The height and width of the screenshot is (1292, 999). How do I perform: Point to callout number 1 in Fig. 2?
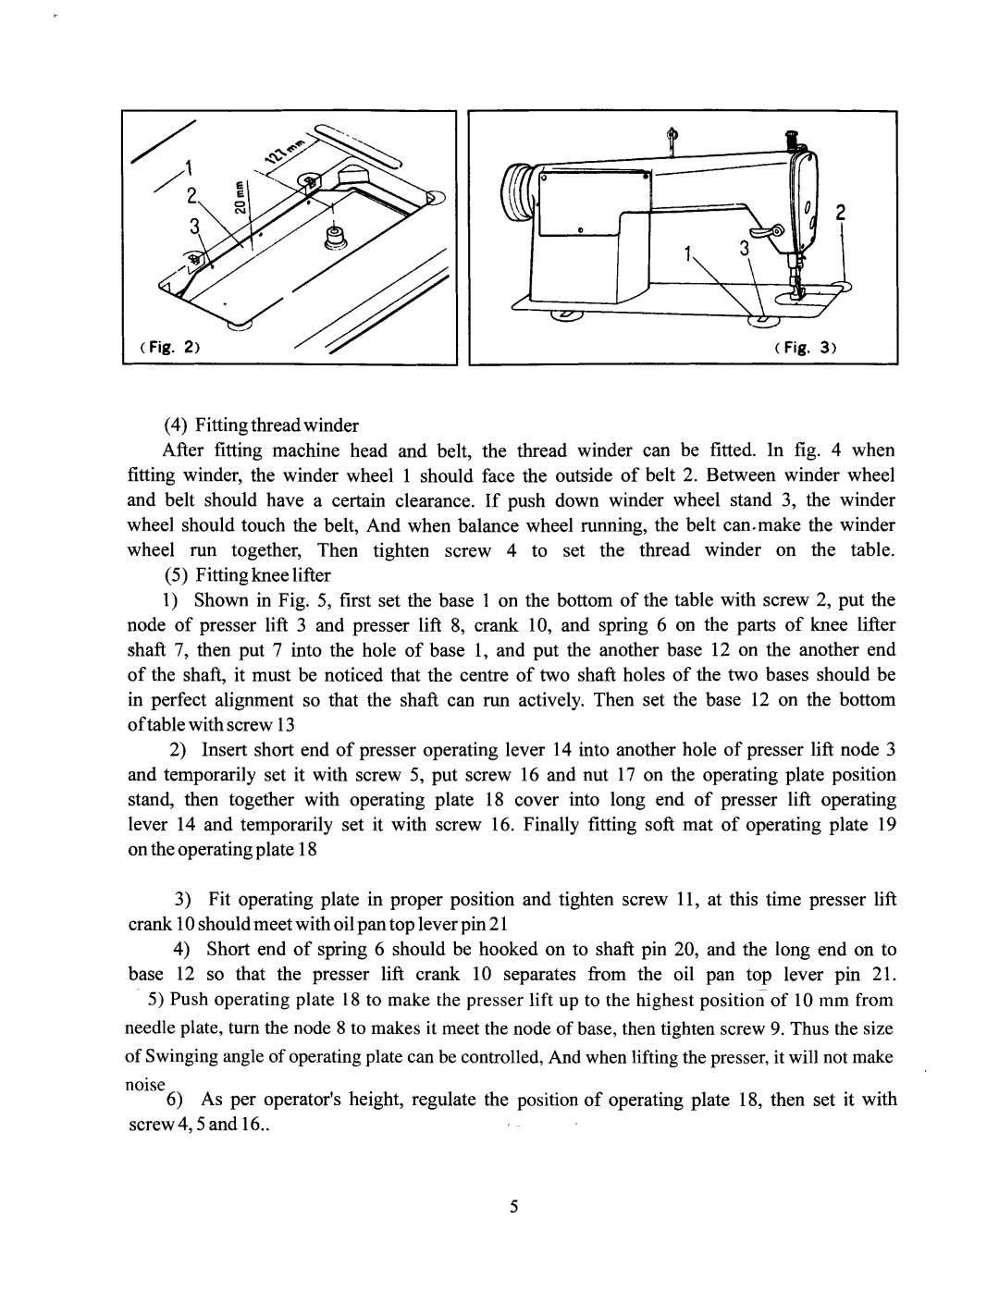(188, 167)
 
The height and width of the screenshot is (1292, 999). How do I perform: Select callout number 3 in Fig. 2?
(194, 226)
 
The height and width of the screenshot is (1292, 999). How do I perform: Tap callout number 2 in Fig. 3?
(840, 213)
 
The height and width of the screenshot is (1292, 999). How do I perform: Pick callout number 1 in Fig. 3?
(687, 254)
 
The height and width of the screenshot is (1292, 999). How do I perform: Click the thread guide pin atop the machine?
(672, 141)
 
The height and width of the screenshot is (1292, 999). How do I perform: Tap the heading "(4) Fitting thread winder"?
(262, 425)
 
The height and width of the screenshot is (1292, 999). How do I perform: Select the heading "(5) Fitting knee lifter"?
(247, 575)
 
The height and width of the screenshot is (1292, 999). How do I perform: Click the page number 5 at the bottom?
(514, 1206)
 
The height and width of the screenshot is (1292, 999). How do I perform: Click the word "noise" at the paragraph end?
(145, 1084)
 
